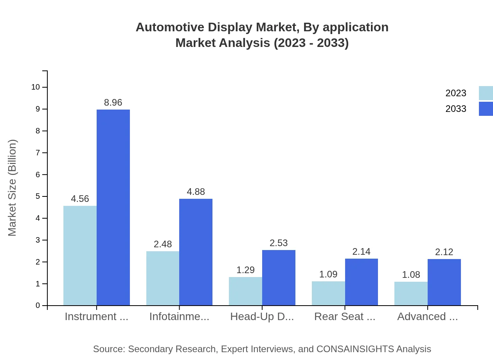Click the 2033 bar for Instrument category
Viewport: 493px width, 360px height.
coord(113,207)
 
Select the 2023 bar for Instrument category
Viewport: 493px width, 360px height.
coord(80,256)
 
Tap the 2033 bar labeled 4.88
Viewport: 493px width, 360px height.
coord(196,252)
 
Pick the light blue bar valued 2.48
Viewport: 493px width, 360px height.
coord(163,278)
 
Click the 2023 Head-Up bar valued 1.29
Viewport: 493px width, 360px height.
coord(245,291)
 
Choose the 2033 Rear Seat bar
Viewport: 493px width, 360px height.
coord(362,282)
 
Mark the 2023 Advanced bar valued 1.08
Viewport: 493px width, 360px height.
coord(411,293)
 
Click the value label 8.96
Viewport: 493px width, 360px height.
coord(113,103)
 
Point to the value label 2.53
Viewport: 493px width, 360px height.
coord(279,243)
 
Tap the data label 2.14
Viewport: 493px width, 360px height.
coord(361,252)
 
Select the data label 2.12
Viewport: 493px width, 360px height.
coord(444,252)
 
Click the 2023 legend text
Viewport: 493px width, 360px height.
coord(456,93)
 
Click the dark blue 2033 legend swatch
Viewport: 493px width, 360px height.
coord(486,109)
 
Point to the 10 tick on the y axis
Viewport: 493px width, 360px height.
coord(36,87)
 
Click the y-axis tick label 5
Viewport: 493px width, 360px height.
coord(38,196)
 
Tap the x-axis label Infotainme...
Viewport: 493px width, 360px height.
coord(179,317)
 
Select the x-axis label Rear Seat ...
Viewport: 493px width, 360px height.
coord(345,317)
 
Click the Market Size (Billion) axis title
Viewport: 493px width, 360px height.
coord(13,188)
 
